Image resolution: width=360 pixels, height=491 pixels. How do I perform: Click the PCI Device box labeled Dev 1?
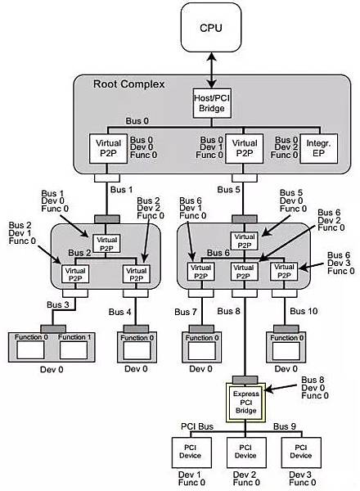[187, 452]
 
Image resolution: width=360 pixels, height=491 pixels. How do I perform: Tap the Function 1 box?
[73, 348]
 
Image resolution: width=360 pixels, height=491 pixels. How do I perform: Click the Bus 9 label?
[286, 427]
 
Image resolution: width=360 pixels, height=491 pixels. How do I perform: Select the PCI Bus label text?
[196, 427]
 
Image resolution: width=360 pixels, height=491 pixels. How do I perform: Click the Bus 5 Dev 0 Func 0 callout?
[290, 201]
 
